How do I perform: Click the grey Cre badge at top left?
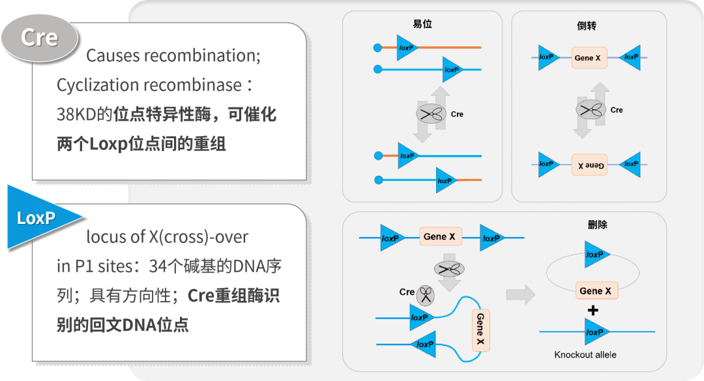(x=39, y=38)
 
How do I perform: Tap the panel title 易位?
(x=422, y=24)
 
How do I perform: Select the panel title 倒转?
(x=587, y=26)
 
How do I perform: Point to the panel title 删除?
(x=597, y=225)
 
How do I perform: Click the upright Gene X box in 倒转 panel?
(x=587, y=58)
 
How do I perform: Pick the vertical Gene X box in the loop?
(x=480, y=328)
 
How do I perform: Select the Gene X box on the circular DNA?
(x=596, y=290)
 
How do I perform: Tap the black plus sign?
(x=593, y=311)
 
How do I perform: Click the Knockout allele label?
(x=585, y=355)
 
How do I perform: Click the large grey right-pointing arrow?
(x=520, y=294)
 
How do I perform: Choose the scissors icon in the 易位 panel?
(x=429, y=114)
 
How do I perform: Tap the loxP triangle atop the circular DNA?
(x=596, y=255)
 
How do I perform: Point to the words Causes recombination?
(x=173, y=55)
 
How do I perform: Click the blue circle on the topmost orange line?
(x=377, y=48)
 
